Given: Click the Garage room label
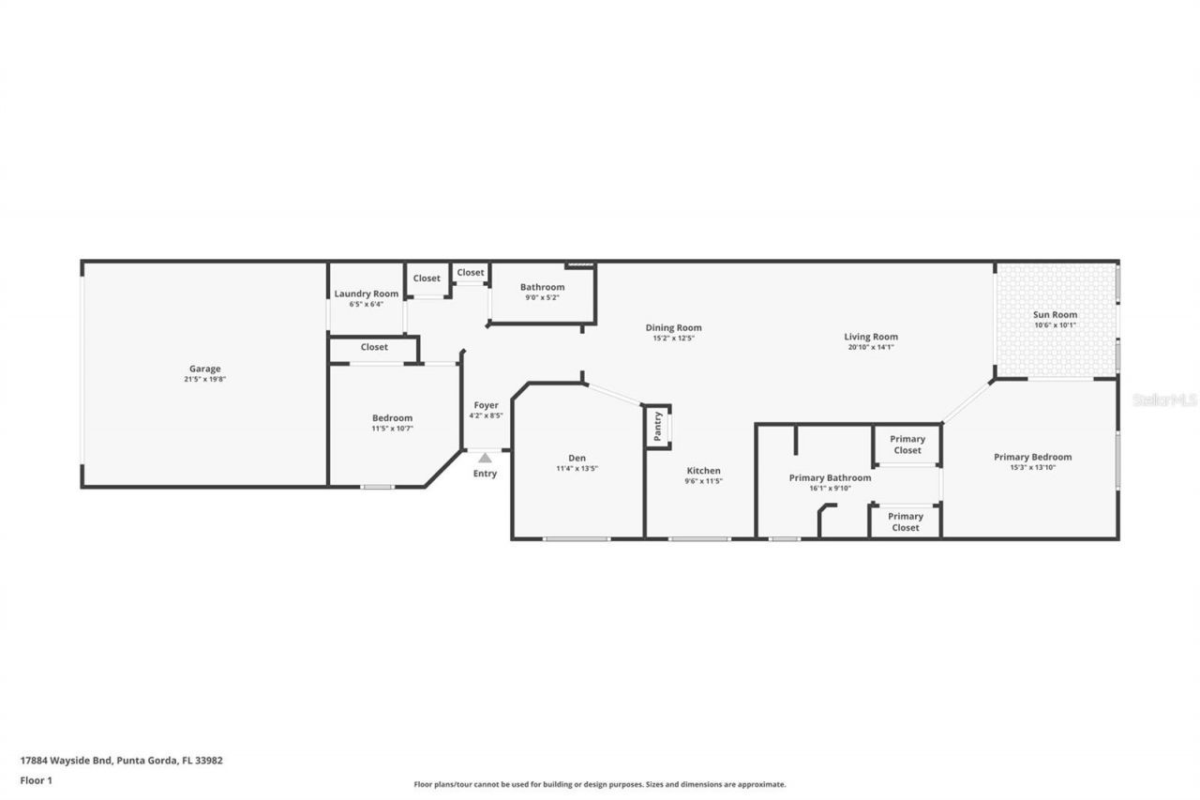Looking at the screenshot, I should tap(204, 369).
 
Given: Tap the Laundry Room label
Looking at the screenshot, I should tap(367, 294).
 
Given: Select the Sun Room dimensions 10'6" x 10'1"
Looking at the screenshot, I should tap(1056, 325).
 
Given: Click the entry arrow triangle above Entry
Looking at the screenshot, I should tap(485, 458).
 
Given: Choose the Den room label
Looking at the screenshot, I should tap(577, 458).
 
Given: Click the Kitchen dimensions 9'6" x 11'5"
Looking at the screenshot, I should tap(703, 481).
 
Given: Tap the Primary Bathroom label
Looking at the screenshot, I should tap(830, 477).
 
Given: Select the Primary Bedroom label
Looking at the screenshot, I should tap(1032, 457).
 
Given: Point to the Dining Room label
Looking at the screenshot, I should tap(673, 327).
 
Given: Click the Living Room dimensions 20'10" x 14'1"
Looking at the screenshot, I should tap(871, 347).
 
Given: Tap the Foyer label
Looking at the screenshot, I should tap(486, 405).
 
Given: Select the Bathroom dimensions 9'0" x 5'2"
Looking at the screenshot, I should tap(543, 297).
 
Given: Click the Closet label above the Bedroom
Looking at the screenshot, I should tap(374, 347).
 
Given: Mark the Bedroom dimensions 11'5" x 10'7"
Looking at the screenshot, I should tap(392, 429).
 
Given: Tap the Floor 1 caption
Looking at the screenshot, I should tap(36, 779).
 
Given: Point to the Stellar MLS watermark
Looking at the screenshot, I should tap(1164, 400).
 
